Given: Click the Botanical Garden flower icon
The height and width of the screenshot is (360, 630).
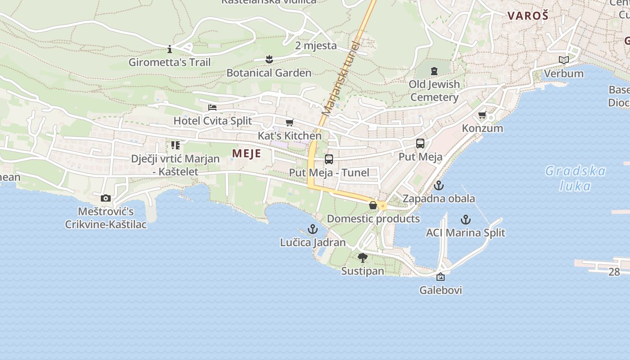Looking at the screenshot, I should [269, 59].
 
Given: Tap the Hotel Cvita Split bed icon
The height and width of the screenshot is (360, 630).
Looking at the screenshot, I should [212, 107].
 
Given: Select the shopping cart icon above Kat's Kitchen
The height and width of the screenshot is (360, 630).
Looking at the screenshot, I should [290, 122].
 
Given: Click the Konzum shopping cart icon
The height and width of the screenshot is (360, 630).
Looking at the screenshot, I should [483, 115].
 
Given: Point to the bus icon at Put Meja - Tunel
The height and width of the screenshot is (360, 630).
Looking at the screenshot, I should [329, 159].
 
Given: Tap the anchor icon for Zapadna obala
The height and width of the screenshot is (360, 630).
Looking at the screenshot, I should [439, 185].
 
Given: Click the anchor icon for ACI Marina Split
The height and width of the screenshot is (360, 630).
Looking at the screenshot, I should [466, 220].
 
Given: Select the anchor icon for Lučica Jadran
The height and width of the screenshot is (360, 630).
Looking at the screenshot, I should [312, 229].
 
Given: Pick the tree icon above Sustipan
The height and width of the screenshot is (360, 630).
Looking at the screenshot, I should [362, 258].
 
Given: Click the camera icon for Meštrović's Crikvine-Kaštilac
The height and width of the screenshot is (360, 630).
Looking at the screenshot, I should [106, 198].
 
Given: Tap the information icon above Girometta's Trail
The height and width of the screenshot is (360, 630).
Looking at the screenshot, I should [170, 49].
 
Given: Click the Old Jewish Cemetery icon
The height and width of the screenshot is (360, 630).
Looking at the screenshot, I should [434, 71].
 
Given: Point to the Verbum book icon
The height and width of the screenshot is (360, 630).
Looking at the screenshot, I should [563, 60].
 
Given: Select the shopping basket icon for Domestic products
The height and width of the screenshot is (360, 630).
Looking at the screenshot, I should [373, 206].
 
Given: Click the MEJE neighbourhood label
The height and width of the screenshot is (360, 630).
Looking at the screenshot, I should [246, 153].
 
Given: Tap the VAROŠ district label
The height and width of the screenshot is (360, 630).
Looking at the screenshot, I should [528, 16].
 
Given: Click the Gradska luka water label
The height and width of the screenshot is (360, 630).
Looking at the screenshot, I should [576, 178].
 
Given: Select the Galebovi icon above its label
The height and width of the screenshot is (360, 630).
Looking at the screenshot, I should [441, 277].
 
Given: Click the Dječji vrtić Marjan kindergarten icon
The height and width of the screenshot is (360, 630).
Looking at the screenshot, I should [175, 145].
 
